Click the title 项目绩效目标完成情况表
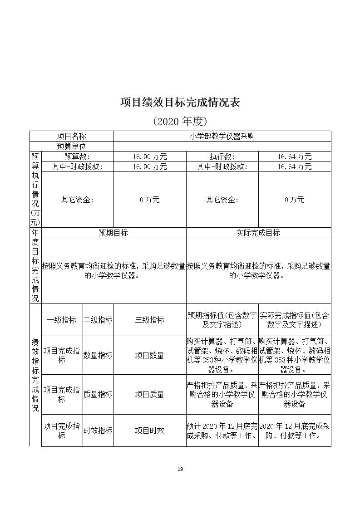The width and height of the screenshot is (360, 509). click(x=180, y=102)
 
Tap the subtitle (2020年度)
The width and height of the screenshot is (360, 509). click(x=180, y=121)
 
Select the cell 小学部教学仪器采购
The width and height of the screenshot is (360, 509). click(x=222, y=136)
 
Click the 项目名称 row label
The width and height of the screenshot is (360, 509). click(x=71, y=136)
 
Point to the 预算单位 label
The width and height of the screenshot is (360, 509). click(x=71, y=146)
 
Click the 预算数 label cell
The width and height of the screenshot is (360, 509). click(x=77, y=157)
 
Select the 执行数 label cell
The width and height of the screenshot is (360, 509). click(x=222, y=157)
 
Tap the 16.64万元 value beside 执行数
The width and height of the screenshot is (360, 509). click(x=295, y=157)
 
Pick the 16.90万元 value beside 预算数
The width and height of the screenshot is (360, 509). click(x=150, y=157)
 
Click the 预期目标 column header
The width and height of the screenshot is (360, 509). click(x=113, y=233)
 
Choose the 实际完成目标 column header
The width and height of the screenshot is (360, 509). click(x=258, y=233)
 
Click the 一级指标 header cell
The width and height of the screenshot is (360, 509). click(x=62, y=320)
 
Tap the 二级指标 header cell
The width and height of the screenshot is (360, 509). click(x=98, y=320)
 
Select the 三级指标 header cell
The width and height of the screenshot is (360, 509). click(x=150, y=320)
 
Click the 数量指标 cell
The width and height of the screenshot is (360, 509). click(x=98, y=356)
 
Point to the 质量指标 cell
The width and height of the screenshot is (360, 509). click(x=98, y=395)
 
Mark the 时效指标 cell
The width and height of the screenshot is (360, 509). click(x=98, y=431)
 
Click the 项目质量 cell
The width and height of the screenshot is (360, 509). click(x=150, y=395)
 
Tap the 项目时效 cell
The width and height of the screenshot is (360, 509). click(x=150, y=431)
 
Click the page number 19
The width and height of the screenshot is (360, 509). click(x=180, y=469)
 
